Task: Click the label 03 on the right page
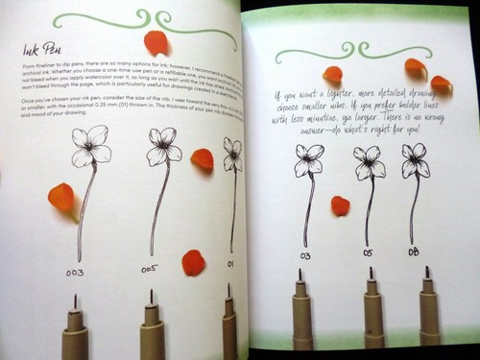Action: click(x=306, y=255)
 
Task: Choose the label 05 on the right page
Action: click(x=369, y=253)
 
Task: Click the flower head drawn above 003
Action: click(x=92, y=143)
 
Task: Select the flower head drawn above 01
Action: click(x=231, y=152)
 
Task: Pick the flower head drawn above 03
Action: click(x=309, y=158)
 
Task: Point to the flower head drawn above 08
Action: click(x=414, y=159)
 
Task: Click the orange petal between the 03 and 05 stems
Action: click(x=340, y=204)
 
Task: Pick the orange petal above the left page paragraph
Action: click(x=156, y=42)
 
